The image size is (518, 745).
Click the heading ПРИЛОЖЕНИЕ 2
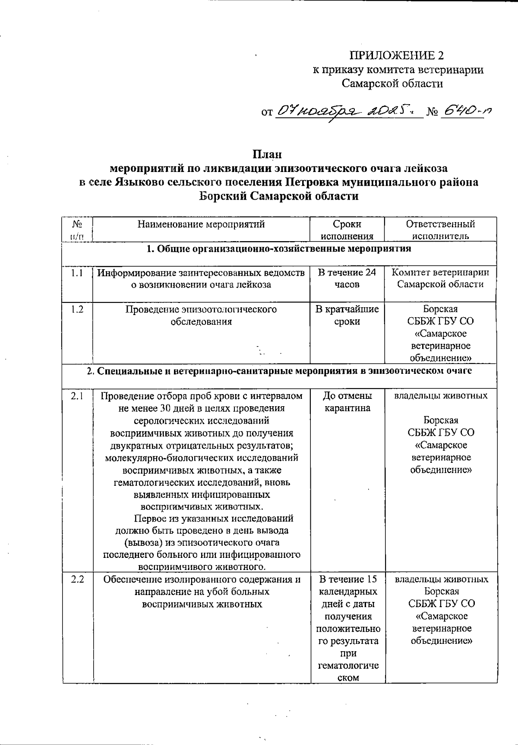tap(396, 55)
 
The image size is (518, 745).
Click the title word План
tap(267, 154)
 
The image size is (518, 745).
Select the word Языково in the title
tap(138, 182)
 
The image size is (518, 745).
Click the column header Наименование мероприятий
tap(201, 224)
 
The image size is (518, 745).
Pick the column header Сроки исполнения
tap(347, 230)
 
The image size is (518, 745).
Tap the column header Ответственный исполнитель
tap(440, 230)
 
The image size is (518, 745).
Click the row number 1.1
tap(77, 273)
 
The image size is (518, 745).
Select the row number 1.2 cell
tap(77, 310)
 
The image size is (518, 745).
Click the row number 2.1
tap(77, 396)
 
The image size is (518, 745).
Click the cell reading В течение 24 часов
tap(347, 278)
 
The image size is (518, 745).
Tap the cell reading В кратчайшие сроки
tap(347, 315)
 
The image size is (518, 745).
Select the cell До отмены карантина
tap(347, 402)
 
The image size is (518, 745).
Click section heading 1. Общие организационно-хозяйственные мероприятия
tap(279, 249)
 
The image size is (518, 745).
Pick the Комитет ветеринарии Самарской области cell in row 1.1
tap(440, 278)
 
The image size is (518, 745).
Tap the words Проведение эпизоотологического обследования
tap(201, 315)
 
